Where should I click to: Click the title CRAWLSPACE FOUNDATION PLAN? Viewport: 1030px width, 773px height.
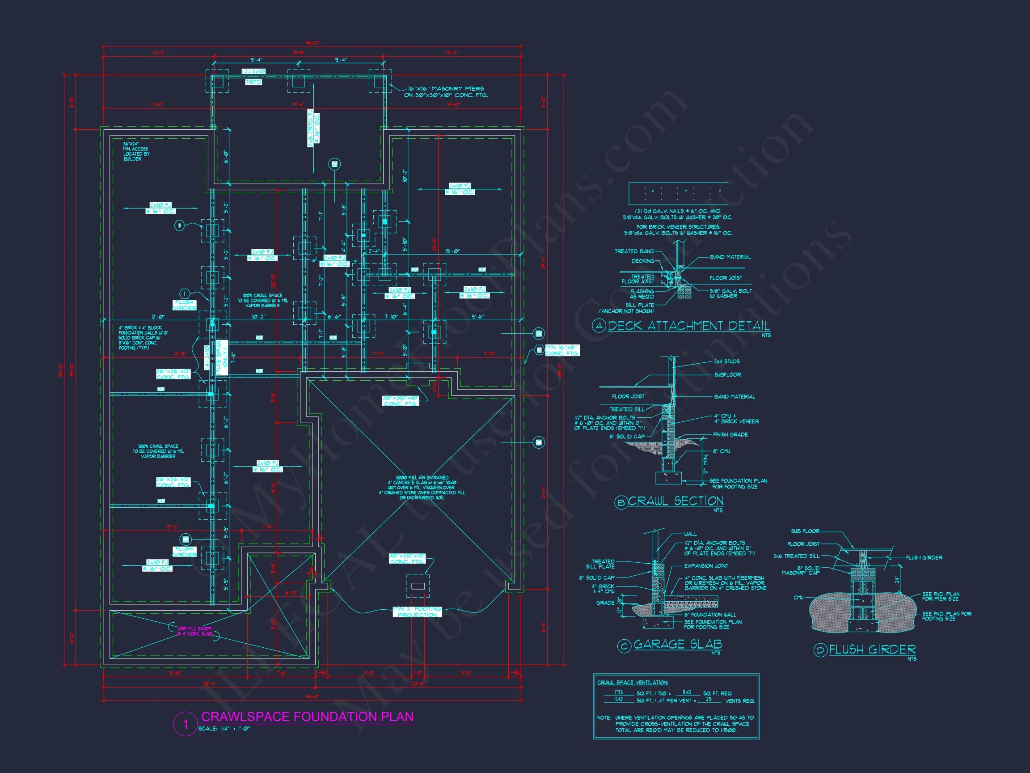click(x=307, y=717)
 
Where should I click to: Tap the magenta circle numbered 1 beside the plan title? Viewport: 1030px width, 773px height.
click(x=185, y=725)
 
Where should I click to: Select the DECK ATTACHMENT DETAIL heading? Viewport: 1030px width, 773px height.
click(x=689, y=326)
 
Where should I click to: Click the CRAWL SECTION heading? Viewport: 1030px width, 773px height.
click(x=675, y=501)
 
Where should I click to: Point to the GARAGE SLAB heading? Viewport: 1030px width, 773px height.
click(x=678, y=645)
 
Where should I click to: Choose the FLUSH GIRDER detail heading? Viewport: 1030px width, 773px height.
click(x=872, y=650)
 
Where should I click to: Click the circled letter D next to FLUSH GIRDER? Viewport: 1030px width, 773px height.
click(x=820, y=650)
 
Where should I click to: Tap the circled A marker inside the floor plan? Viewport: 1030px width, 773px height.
click(x=334, y=164)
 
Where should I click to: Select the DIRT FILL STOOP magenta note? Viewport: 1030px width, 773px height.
click(x=194, y=631)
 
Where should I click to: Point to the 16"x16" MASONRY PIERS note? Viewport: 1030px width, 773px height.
click(x=446, y=92)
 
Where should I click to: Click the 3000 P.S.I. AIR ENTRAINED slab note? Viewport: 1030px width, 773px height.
click(x=422, y=488)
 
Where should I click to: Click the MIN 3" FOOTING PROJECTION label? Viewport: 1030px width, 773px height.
click(x=417, y=612)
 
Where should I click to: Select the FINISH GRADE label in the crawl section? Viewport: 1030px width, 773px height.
click(x=730, y=435)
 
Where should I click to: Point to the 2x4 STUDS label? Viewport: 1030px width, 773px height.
click(x=726, y=361)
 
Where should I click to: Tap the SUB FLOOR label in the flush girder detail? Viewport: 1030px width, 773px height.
click(x=805, y=531)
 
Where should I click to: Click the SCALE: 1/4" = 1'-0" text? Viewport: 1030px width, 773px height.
click(x=224, y=729)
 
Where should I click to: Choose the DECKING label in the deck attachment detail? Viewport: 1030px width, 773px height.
click(x=642, y=261)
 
